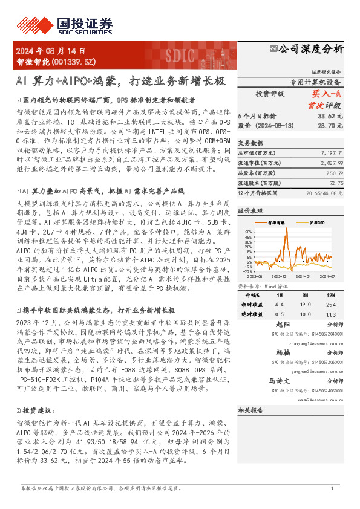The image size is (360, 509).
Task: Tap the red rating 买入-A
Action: click(x=327, y=94)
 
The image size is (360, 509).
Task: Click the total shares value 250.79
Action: click(x=335, y=173)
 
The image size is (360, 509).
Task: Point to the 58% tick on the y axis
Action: click(x=247, y=231)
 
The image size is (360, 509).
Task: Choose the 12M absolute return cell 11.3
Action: click(x=330, y=314)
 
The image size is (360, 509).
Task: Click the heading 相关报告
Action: click(x=249, y=410)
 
